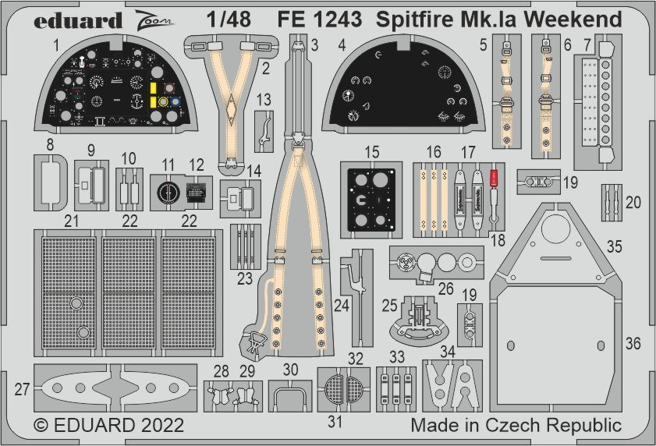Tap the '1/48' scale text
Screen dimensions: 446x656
[231, 19]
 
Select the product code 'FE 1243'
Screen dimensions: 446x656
[319, 19]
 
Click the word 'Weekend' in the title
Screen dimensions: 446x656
[576, 19]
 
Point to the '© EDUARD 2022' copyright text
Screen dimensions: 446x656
[109, 426]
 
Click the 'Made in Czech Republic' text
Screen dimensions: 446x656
[516, 426]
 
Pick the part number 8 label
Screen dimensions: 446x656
[50, 144]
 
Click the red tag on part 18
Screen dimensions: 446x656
[492, 178]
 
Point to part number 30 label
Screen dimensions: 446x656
[290, 370]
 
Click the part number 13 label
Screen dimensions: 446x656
[264, 99]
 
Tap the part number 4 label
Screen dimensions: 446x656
[342, 45]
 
